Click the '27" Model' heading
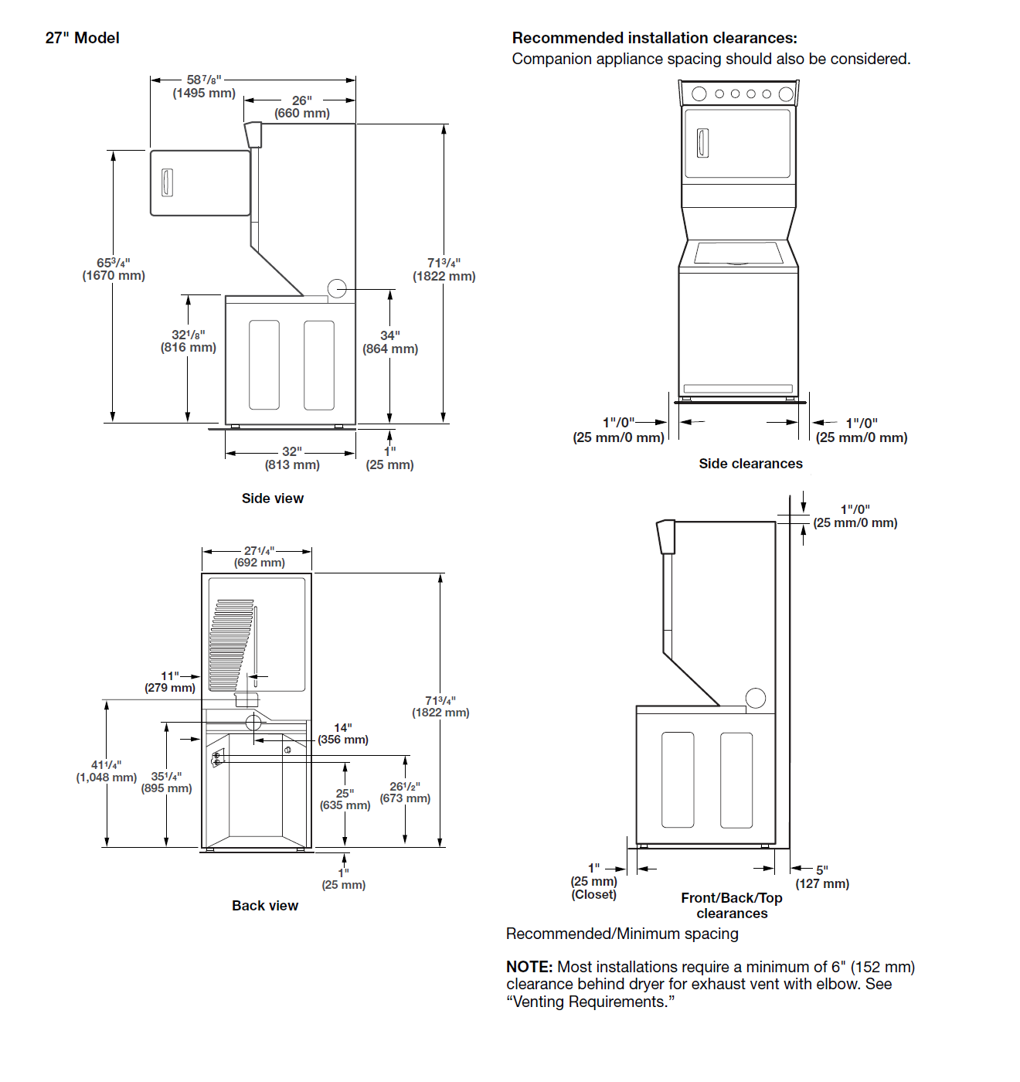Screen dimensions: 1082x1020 (82, 38)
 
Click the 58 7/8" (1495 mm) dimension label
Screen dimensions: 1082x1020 (204, 87)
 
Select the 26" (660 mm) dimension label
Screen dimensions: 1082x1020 (302, 107)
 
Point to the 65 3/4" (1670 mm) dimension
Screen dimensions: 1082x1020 (114, 269)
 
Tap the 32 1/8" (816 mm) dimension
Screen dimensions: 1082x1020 (189, 341)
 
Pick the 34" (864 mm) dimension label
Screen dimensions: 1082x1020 (390, 342)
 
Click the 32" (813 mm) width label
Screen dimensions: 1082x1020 (292, 458)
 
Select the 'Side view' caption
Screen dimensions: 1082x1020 (272, 498)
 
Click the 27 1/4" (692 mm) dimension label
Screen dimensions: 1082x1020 (260, 556)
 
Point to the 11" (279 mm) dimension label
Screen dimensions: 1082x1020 (170, 682)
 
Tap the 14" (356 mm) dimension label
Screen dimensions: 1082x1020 (343, 733)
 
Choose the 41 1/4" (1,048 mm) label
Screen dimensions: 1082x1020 (107, 771)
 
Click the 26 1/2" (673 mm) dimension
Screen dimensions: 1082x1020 (405, 792)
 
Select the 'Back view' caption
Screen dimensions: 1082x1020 (265, 906)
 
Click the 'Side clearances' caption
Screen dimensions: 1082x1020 (750, 464)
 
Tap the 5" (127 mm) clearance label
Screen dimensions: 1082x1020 (822, 877)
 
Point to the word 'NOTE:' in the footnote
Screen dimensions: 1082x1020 (529, 967)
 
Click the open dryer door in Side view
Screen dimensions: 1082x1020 (200, 183)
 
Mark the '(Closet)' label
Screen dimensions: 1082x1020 (594, 895)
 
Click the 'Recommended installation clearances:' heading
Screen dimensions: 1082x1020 (654, 38)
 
